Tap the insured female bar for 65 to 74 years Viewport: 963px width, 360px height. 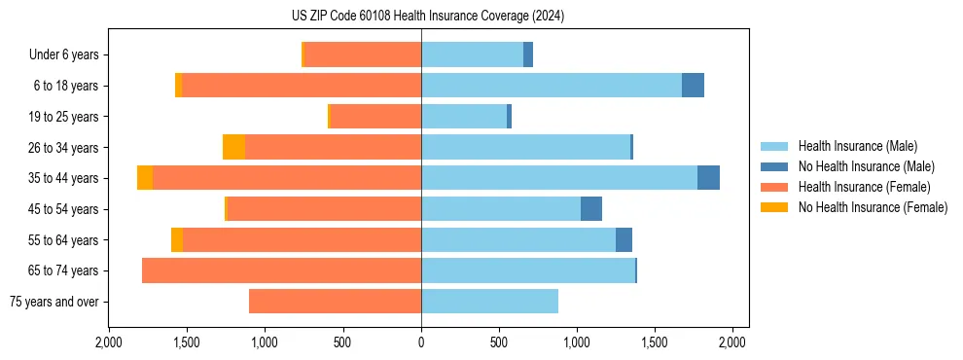[281, 270]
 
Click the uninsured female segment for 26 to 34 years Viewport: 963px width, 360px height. [233, 147]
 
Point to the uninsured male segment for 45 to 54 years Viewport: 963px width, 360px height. [591, 209]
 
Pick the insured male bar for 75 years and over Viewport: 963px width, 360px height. [489, 302]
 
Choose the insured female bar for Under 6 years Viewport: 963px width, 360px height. [363, 54]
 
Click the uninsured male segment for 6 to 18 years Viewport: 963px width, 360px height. [693, 86]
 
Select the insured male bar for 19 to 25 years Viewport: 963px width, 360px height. [464, 117]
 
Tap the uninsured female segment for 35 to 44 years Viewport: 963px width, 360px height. [145, 178]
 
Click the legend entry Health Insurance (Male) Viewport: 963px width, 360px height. [857, 146]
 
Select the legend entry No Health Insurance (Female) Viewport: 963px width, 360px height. [873, 207]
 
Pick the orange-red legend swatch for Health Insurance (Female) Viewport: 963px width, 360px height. [774, 187]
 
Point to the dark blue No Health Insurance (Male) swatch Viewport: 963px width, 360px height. [774, 166]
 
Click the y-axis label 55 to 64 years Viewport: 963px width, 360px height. [63, 239]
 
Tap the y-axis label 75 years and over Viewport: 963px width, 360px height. [54, 302]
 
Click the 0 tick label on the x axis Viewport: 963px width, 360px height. [421, 342]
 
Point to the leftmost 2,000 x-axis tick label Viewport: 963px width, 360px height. [109, 342]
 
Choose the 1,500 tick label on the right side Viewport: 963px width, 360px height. [655, 342]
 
